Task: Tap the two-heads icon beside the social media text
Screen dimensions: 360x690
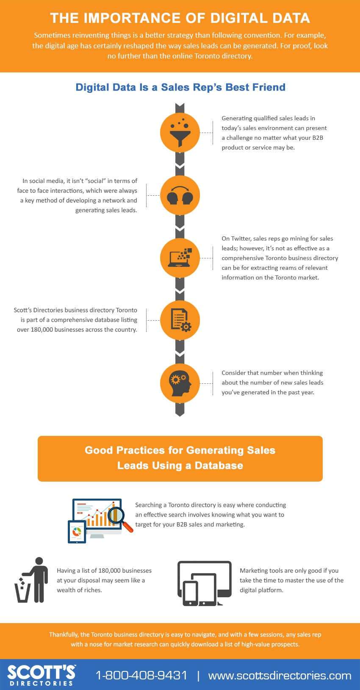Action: (180, 195)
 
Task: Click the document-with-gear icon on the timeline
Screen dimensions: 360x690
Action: (181, 320)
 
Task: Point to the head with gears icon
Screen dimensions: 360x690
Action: (180, 383)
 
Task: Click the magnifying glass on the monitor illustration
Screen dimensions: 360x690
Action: (119, 518)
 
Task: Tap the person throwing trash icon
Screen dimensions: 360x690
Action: (31, 580)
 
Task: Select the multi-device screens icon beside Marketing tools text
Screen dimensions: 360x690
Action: (205, 583)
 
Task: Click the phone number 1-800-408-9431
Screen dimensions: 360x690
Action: (141, 675)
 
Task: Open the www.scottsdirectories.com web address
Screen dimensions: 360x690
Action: (280, 676)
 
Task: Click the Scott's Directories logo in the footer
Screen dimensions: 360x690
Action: (41, 675)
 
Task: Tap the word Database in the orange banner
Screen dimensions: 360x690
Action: (219, 466)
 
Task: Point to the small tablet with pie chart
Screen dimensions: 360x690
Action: (77, 532)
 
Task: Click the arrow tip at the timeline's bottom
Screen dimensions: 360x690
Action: (180, 416)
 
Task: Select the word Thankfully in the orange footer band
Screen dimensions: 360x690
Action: (64, 635)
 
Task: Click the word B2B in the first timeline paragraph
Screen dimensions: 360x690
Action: (318, 138)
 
